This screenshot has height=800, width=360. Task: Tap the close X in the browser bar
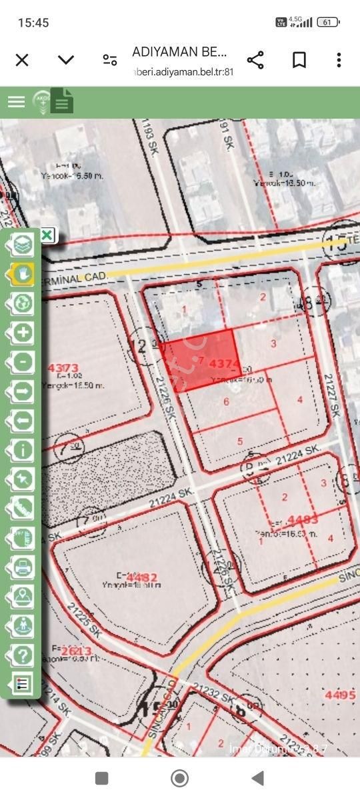(22, 60)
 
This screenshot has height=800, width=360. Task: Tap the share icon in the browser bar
(255, 60)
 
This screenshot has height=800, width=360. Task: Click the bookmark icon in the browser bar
(299, 60)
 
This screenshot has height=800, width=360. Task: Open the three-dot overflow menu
(339, 60)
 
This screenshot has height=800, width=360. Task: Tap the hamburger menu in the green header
(16, 101)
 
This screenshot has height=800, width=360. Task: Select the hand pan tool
(23, 273)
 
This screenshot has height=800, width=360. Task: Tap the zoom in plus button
(23, 332)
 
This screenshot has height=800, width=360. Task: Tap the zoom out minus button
(23, 362)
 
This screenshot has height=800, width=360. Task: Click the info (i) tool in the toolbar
(23, 449)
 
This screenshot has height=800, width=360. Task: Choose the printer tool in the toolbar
(23, 567)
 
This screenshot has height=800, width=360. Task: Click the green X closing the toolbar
(47, 235)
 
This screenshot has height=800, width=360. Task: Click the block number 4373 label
(64, 367)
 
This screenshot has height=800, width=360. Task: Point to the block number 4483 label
(303, 519)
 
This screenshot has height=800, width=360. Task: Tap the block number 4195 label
(340, 695)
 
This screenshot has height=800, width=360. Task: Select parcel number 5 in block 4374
(240, 441)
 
